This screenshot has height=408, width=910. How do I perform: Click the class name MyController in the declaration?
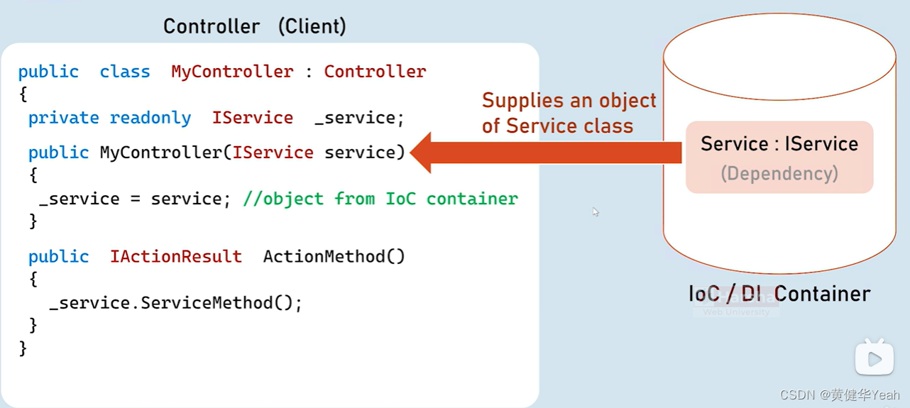coord(232,72)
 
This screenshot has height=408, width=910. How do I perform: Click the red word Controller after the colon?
coord(375,72)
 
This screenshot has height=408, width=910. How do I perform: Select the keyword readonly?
coord(150,118)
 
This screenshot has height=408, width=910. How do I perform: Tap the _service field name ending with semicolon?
coord(359,118)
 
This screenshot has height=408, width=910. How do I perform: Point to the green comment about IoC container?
coord(380,199)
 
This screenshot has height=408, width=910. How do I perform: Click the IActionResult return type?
coord(175,256)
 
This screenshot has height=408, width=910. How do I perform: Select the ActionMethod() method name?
coord(334,256)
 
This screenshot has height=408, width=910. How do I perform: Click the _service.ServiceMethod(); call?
coord(176,303)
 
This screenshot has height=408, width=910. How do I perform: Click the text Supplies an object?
coord(569,100)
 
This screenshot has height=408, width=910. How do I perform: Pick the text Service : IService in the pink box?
coord(779,144)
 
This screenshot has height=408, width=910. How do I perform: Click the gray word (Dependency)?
coord(779,174)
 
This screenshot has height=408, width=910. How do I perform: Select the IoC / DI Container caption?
coord(779,294)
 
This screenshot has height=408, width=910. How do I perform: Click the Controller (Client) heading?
coord(255,27)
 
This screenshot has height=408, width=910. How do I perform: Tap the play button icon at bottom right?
coord(874,359)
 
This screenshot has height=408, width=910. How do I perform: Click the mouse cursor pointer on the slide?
coord(595,211)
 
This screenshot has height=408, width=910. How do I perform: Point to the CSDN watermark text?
coord(840,395)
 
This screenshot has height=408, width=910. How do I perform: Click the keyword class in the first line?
coord(125,72)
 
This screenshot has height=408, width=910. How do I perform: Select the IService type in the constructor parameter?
coord(273,153)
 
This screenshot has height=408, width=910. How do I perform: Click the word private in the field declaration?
coord(64,118)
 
